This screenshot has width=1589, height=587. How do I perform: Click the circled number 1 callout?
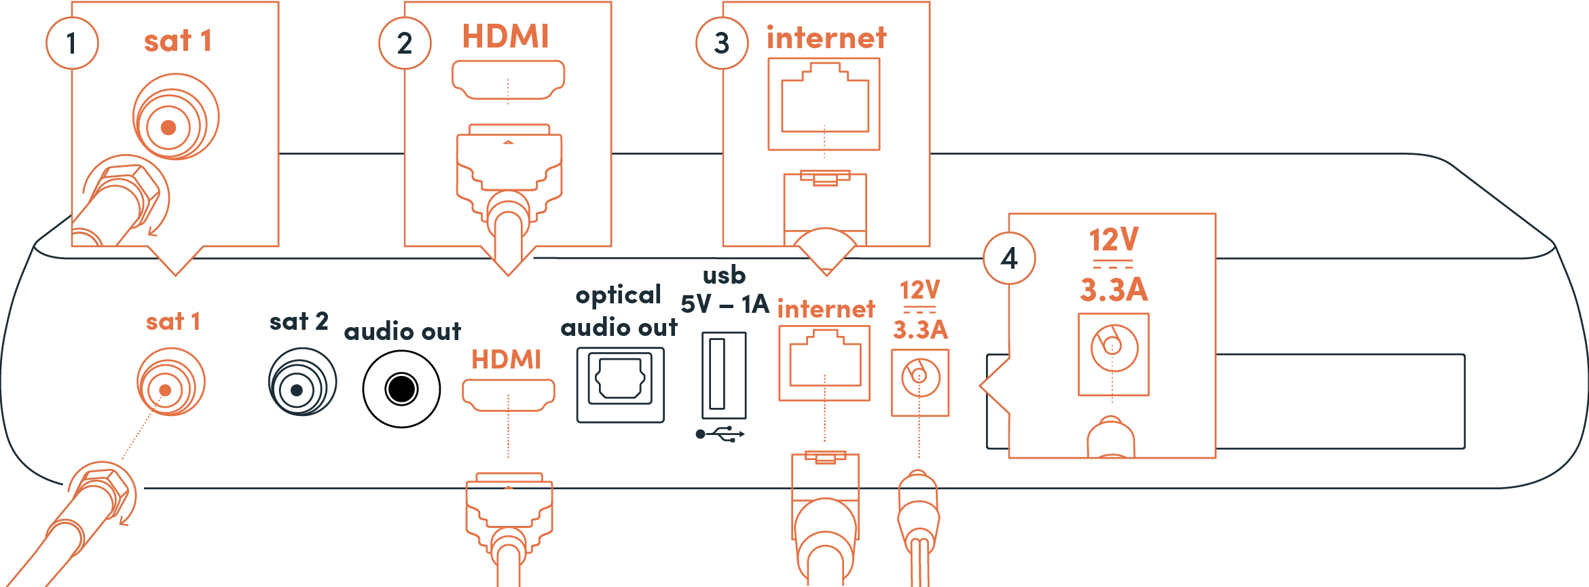click(x=72, y=43)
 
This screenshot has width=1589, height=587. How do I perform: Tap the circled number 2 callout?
click(x=405, y=43)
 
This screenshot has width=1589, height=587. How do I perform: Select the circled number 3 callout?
click(x=722, y=43)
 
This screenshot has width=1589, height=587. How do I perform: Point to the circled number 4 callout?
click(x=1009, y=259)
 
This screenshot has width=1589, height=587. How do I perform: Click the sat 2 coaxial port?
click(x=302, y=383)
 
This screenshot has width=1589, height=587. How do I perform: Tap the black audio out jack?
click(x=401, y=390)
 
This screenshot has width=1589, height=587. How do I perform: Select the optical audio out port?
click(x=620, y=385)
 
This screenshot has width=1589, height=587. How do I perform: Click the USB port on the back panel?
click(x=723, y=375)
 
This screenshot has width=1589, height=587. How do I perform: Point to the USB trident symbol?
click(x=720, y=434)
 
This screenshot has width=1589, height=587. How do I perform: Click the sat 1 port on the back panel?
click(x=170, y=382)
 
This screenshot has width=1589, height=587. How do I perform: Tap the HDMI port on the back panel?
click(x=508, y=394)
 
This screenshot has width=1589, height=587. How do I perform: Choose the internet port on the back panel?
click(x=824, y=363)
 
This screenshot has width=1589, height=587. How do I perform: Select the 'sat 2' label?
click(x=299, y=321)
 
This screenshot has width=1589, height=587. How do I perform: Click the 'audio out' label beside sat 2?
click(x=402, y=332)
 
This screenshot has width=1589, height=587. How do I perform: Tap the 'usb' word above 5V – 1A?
click(x=724, y=276)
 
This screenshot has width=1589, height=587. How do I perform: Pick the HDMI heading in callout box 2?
click(x=506, y=37)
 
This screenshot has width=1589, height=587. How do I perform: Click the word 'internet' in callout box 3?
click(x=826, y=38)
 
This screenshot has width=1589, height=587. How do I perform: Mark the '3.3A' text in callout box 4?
click(x=1114, y=290)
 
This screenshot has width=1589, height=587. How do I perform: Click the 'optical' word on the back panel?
click(x=618, y=296)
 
